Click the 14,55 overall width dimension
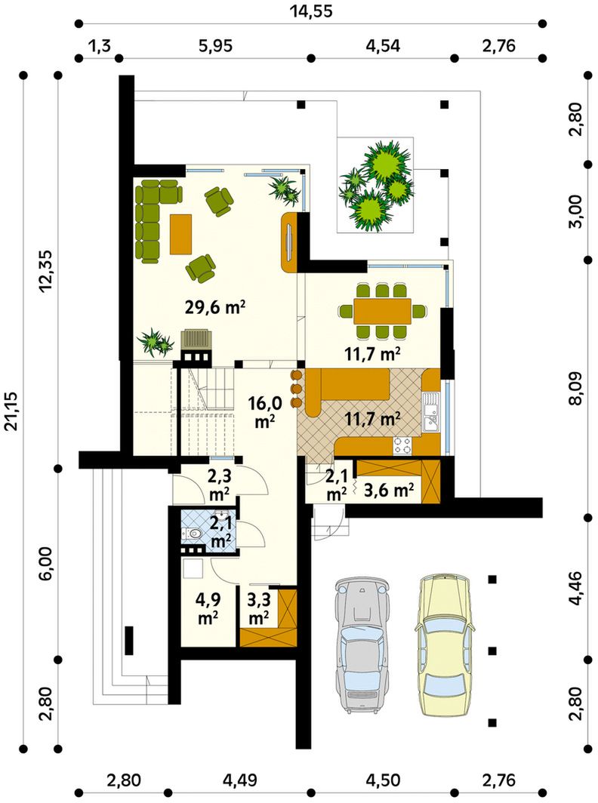pyautogui.click(x=312, y=11)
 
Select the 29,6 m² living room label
pyautogui.click(x=214, y=308)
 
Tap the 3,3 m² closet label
pyautogui.click(x=259, y=608)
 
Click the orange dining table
pyautogui.click(x=383, y=311)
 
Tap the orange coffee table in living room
pyautogui.click(x=181, y=233)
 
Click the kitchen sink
pyautogui.click(x=431, y=413)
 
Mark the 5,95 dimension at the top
pyautogui.click(x=214, y=46)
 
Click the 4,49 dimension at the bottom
pyautogui.click(x=240, y=780)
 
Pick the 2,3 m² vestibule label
pyautogui.click(x=219, y=485)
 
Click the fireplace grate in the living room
pyautogui.click(x=196, y=339)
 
